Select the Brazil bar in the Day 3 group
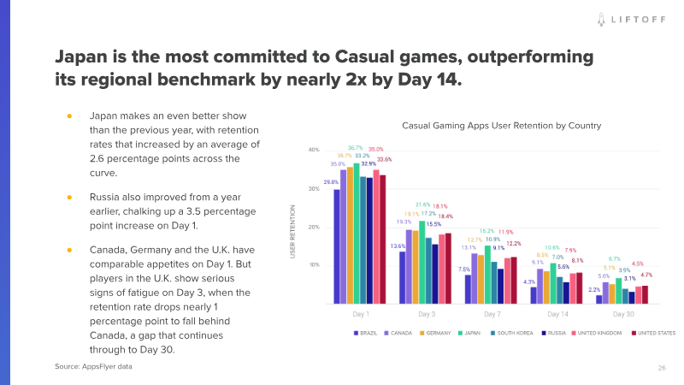click(403, 277)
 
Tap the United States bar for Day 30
click(645, 294)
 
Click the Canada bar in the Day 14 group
click(540, 286)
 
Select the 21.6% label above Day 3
click(422, 205)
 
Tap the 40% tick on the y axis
click(314, 150)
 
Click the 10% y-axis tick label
click(314, 265)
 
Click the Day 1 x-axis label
click(360, 314)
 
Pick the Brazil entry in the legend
click(367, 333)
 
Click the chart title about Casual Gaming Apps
click(501, 125)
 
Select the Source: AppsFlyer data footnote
click(94, 366)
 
